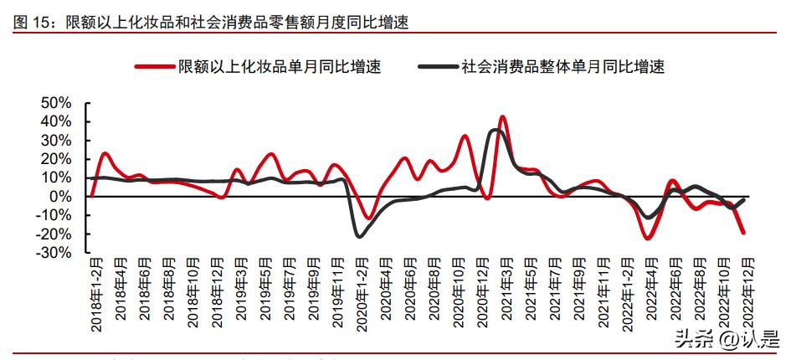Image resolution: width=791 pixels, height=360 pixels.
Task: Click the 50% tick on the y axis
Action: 56,103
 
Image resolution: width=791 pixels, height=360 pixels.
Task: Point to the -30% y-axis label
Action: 54,253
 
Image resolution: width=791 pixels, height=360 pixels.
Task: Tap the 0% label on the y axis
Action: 62,197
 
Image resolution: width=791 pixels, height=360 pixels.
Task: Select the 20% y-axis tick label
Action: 56,159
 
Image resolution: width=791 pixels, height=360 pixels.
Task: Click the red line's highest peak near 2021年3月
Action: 502,116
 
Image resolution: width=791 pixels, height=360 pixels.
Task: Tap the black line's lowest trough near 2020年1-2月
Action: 359,236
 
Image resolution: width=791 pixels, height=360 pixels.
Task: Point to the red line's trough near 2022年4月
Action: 647,239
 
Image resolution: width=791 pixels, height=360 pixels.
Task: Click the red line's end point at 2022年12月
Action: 744,233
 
